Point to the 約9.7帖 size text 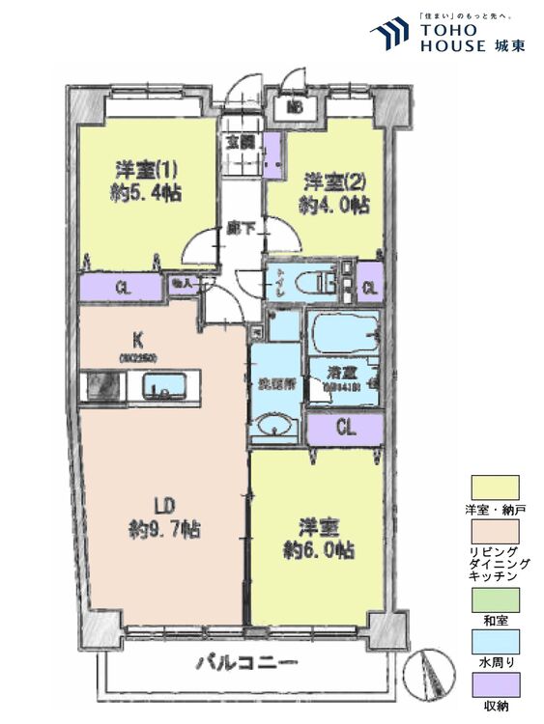[162, 529]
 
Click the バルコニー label [248, 663]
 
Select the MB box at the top [295, 107]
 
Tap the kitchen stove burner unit [100, 387]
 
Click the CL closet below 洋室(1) [122, 286]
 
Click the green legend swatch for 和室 [494, 600]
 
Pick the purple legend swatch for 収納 [494, 684]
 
